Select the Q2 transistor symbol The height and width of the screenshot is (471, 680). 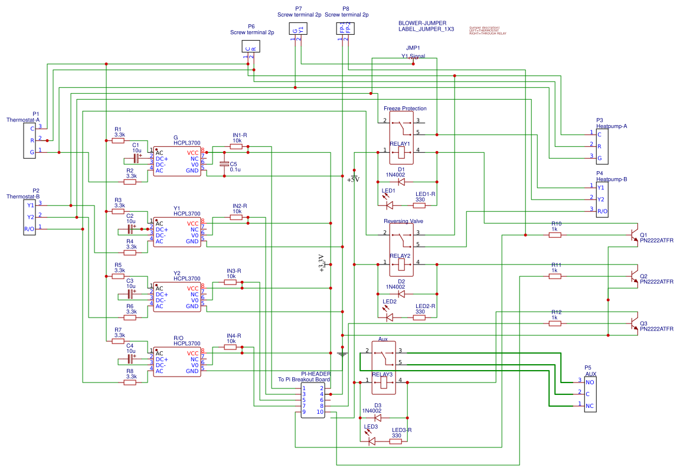633,276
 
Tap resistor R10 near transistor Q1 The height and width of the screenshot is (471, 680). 555,235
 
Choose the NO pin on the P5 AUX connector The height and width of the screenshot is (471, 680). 590,382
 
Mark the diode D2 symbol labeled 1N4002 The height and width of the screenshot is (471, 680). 401,293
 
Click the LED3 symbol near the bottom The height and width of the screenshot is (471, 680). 371,441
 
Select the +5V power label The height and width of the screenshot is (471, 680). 353,179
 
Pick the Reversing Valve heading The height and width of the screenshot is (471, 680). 404,221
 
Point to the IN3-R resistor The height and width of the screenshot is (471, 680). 231,282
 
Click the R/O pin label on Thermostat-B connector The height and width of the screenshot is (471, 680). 29,228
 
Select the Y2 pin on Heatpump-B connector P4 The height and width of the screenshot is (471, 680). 600,199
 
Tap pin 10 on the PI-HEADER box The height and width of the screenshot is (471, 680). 319,412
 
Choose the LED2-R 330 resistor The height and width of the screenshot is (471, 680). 420,318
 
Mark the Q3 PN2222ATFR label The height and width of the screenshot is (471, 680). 656,329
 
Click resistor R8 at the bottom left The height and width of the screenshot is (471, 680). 130,382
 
